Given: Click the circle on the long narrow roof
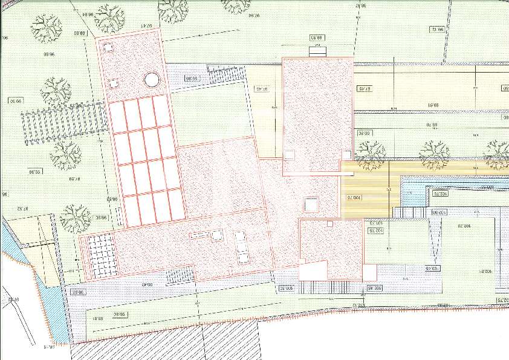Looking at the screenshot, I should (x=151, y=80).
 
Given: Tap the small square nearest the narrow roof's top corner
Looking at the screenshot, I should (x=108, y=45).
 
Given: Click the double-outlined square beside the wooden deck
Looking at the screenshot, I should (x=312, y=205).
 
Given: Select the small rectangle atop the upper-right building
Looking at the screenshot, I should (x=317, y=50).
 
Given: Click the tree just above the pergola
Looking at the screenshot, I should (x=55, y=90).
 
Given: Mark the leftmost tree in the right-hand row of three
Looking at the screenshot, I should (x=370, y=154).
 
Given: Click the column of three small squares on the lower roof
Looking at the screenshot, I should (x=241, y=246).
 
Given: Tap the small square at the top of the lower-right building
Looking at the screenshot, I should (x=329, y=224).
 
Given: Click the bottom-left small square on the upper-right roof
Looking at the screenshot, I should (x=289, y=155).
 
